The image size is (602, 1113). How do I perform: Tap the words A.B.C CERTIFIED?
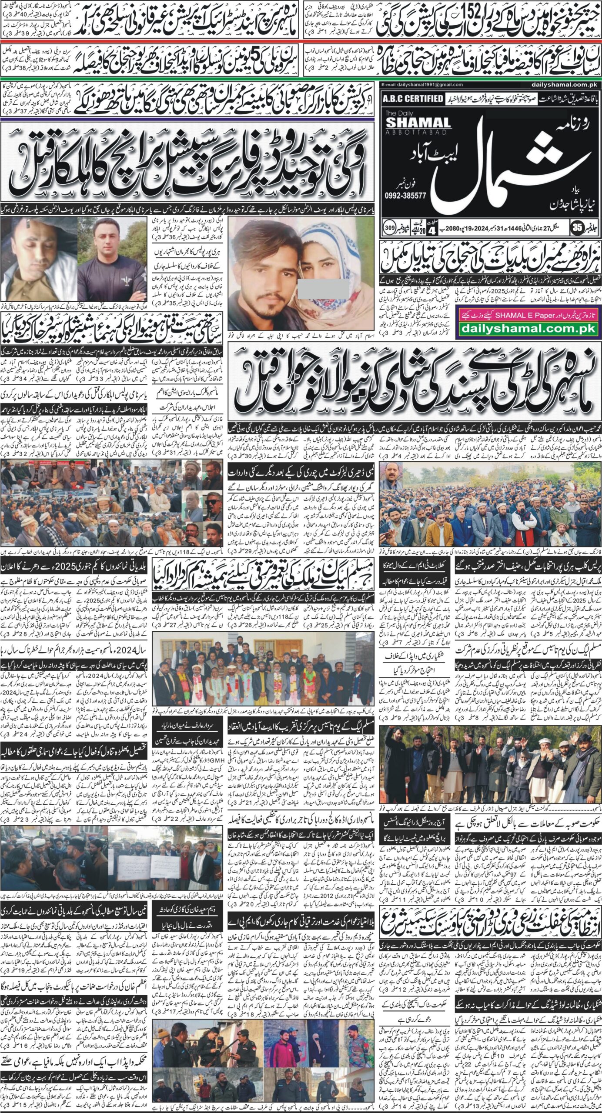click(412, 99)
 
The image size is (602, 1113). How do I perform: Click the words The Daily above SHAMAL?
click(396, 114)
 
